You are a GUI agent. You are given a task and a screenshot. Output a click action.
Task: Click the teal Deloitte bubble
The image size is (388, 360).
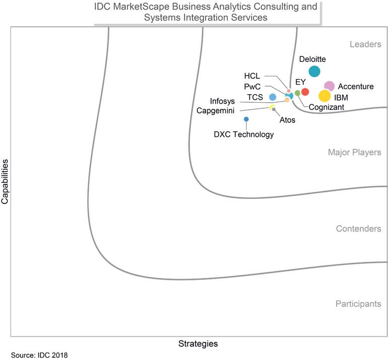[x=314, y=71]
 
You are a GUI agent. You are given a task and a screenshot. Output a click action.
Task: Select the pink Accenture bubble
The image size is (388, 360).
[x=329, y=87]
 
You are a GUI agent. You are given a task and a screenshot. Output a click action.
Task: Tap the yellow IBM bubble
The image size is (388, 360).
[x=325, y=96]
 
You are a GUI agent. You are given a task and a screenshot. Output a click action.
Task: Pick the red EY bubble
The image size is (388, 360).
[x=305, y=92]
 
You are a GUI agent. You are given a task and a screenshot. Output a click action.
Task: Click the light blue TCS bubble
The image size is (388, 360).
[x=273, y=97]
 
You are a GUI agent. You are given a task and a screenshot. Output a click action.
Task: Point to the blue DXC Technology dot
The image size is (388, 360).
[x=246, y=119]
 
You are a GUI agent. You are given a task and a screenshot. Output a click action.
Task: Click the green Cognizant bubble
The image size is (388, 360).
[x=297, y=93]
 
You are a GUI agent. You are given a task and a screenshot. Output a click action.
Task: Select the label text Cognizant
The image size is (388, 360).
[x=326, y=107]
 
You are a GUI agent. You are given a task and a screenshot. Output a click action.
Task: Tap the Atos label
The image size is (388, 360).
[x=287, y=120]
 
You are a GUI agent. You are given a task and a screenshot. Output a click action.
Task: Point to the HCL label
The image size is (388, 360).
[x=252, y=76]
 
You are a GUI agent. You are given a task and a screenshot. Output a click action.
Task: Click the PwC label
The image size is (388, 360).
[x=252, y=86]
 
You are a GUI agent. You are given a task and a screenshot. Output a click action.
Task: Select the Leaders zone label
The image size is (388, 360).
[x=365, y=44]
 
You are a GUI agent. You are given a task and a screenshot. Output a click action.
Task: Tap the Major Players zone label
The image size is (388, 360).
[x=354, y=152]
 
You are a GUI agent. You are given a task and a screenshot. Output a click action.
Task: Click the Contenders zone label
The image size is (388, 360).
[x=358, y=229]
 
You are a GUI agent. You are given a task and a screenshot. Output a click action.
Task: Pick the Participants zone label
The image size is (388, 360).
[x=358, y=304]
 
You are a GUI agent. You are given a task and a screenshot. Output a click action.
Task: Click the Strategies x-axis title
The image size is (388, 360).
[x=198, y=344]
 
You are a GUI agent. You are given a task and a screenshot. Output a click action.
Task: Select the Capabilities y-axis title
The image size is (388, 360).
[x=5, y=182]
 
